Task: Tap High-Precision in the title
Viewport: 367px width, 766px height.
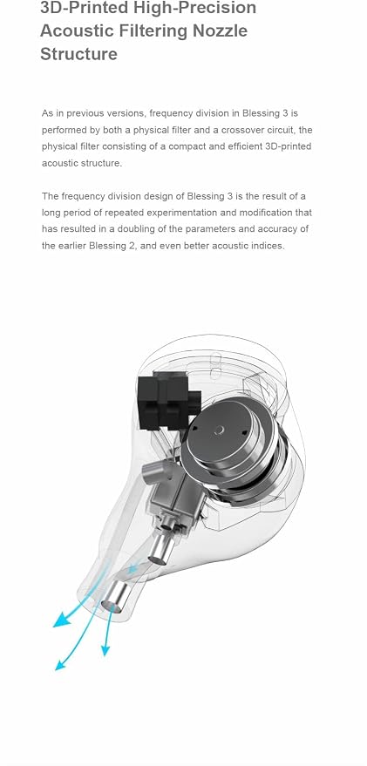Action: coord(188,8)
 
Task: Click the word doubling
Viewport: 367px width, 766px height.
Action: coord(150,229)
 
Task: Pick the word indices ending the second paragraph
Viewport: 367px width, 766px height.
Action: coord(268,246)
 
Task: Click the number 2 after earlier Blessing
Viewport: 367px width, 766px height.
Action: coord(131,246)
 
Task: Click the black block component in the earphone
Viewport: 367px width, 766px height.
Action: coord(168,402)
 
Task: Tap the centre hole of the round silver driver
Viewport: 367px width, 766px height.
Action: coord(220,430)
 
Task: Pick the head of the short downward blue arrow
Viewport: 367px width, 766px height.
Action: coord(105,650)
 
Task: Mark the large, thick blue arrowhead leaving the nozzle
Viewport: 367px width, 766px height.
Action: coord(61,620)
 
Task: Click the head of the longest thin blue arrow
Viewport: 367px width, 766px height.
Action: coord(61,664)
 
